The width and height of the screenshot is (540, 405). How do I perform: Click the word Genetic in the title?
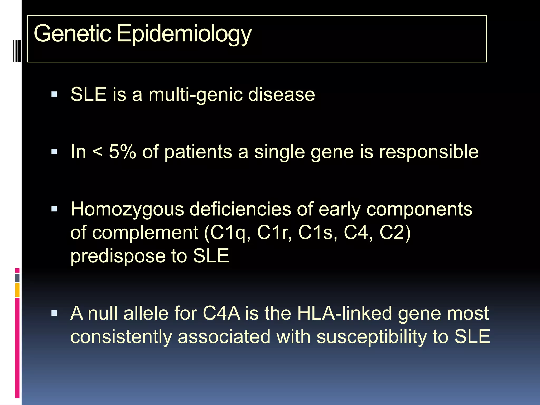pos(72,33)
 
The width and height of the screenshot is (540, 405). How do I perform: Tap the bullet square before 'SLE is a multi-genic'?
pos(54,94)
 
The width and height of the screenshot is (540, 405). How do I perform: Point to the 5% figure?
pos(122,152)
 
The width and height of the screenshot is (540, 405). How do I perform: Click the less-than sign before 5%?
pos(98,152)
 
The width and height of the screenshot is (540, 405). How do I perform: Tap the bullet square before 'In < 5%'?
pos(54,152)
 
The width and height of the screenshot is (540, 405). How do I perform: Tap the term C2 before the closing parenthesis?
pos(392,233)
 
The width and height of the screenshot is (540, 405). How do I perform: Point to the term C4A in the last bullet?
pos(221,313)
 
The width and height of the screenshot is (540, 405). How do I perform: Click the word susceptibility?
pos(371,337)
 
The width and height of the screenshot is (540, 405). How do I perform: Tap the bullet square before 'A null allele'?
pos(54,313)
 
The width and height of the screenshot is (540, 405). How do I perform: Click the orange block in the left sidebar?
pos(17,290)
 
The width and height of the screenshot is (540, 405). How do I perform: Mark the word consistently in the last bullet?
pos(121,337)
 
